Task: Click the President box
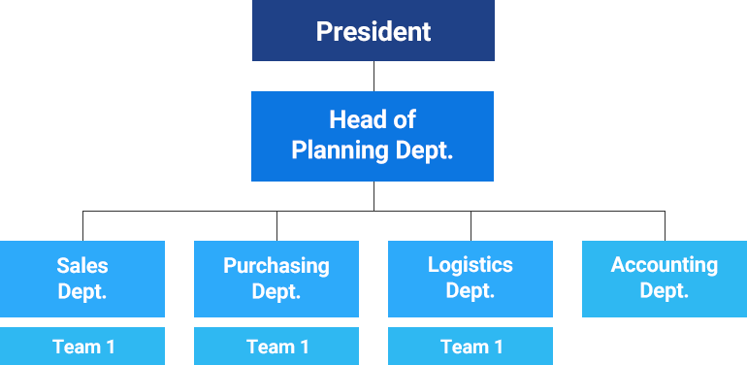click(x=373, y=31)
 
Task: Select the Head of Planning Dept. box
click(x=373, y=135)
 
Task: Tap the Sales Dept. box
click(x=82, y=278)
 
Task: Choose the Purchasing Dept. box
click(x=276, y=278)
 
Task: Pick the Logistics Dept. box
click(x=471, y=278)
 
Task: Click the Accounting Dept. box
click(x=664, y=278)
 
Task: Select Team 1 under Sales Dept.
click(x=82, y=347)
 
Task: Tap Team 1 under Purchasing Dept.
click(x=276, y=347)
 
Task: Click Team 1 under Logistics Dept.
click(x=471, y=347)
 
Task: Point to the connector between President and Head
click(x=373, y=76)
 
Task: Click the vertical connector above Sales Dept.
click(x=82, y=224)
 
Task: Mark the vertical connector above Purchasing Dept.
click(x=276, y=224)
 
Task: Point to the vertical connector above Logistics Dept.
click(x=471, y=224)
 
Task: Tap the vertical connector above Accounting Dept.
click(x=665, y=224)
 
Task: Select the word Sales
click(x=82, y=265)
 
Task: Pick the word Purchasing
click(x=276, y=265)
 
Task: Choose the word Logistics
click(x=471, y=265)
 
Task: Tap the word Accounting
click(x=664, y=265)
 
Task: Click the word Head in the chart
click(x=351, y=120)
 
